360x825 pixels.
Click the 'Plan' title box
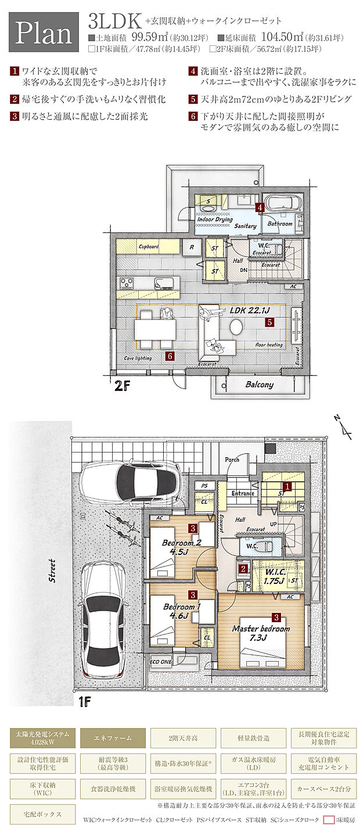point(44,34)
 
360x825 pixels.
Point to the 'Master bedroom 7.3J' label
point(261,633)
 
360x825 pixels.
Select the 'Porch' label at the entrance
point(232,460)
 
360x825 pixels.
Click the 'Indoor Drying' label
point(215,220)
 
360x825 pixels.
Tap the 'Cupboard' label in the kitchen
point(148,247)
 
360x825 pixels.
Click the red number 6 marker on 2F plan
point(170,356)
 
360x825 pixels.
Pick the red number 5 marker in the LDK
point(269,321)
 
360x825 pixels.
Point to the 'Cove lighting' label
point(138,358)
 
